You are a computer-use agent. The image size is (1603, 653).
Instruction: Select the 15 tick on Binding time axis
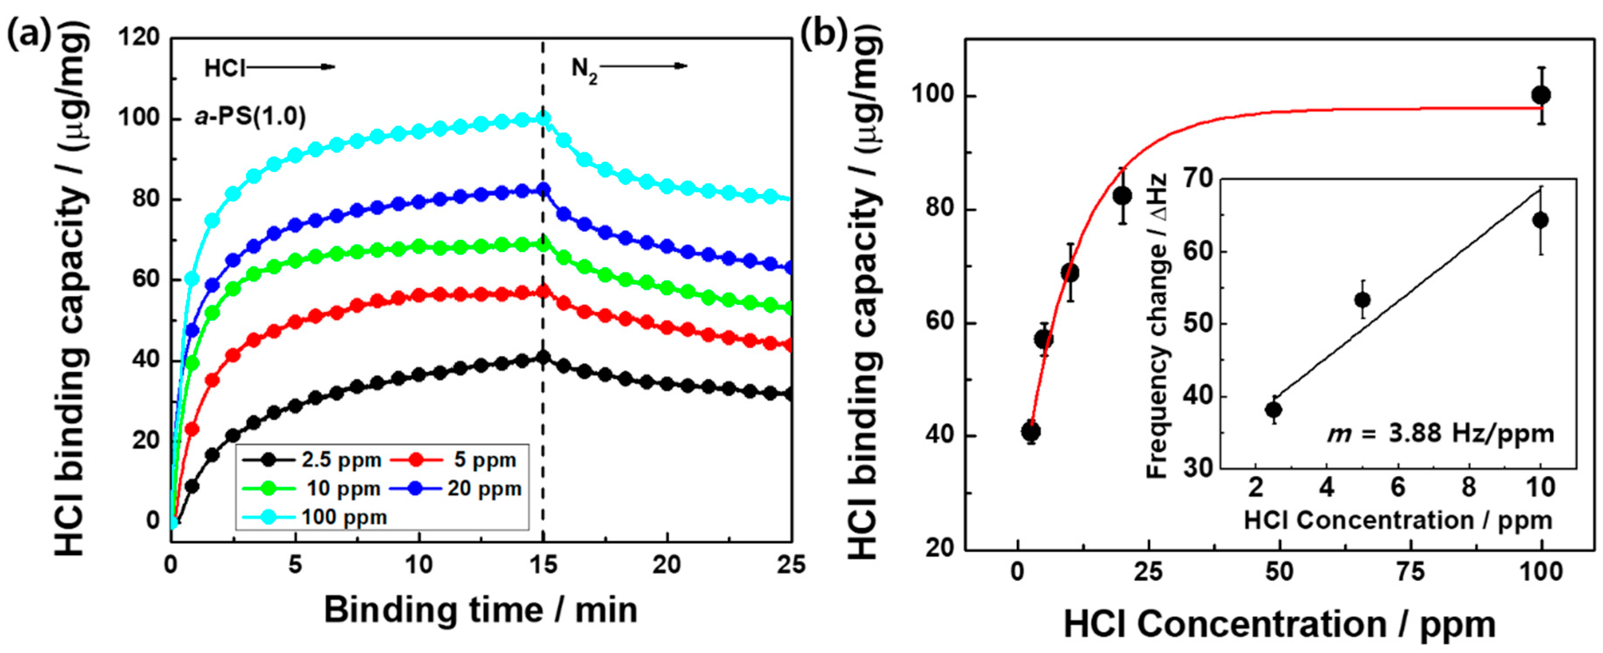click(x=543, y=565)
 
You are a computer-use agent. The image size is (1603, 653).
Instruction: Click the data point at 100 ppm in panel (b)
click(x=1541, y=95)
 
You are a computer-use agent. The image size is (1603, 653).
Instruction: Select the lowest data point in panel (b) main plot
click(x=1030, y=432)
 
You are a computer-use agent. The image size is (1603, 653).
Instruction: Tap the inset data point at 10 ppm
click(x=1540, y=220)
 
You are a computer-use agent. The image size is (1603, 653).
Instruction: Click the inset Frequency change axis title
click(x=1157, y=326)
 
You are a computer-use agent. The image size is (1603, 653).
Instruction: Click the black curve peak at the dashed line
click(x=543, y=357)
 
